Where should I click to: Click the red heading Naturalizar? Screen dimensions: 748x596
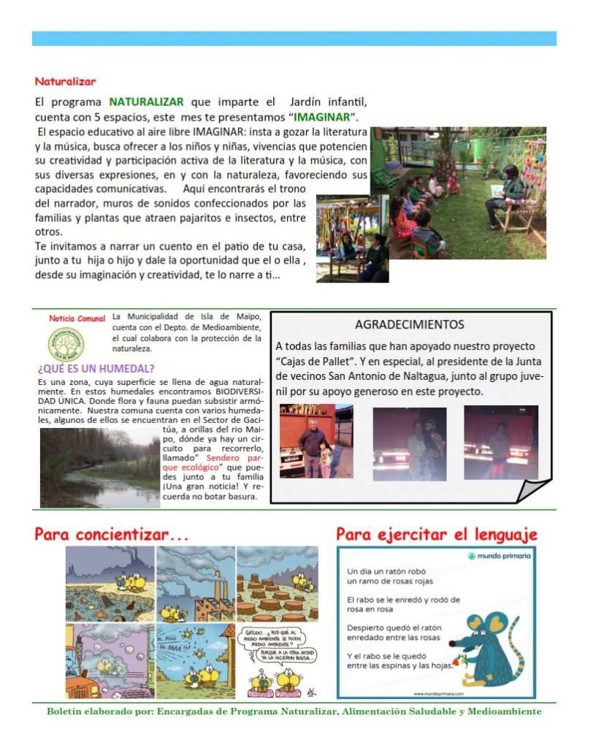pos(65,81)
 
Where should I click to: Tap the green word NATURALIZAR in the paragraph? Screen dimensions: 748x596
pos(146,102)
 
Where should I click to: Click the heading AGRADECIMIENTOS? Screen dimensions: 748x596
pos(409,324)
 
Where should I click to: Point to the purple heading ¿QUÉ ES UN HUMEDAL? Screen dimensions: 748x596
pos(96,368)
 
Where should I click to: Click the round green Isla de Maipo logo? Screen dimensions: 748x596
pos(66,344)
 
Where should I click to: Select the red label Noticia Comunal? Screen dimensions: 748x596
pos(77,319)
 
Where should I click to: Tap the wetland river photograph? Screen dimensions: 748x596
pos(99,467)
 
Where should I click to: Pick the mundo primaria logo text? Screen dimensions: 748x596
pos(504,557)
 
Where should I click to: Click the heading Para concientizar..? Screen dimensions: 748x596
pos(112,535)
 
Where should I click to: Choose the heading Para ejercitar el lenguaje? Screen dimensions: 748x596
pos(436,535)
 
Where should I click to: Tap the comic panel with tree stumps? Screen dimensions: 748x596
pos(277,583)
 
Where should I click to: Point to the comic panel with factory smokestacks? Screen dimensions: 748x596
pos(195,583)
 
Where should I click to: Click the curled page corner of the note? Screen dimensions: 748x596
pos(533,490)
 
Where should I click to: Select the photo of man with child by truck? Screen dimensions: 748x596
pos(316,441)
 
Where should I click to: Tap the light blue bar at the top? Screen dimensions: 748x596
pos(294,39)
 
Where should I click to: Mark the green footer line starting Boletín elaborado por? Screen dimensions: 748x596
pos(294,711)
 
